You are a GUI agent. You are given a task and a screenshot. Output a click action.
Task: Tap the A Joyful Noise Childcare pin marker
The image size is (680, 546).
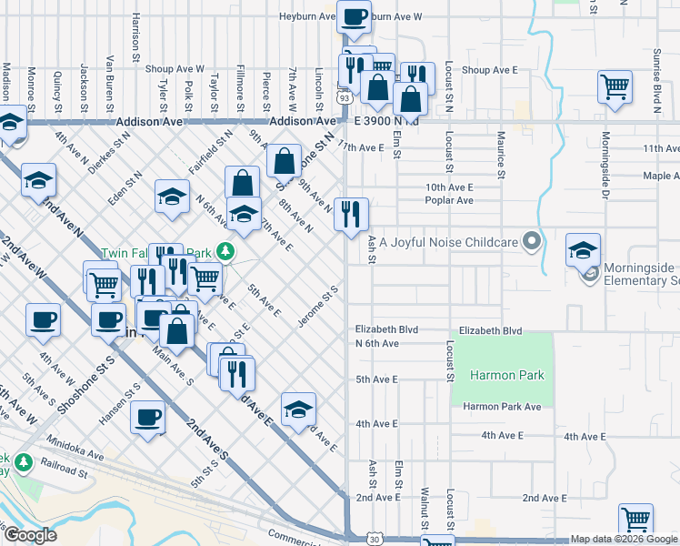click(533, 242)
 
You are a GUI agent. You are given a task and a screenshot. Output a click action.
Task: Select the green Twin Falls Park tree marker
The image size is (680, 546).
click(231, 252)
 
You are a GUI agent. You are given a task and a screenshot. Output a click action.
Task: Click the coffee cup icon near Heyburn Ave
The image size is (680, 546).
click(354, 15)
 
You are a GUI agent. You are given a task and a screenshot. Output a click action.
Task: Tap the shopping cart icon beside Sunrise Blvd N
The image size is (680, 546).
click(615, 87)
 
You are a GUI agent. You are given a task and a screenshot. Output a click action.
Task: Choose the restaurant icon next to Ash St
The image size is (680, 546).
click(351, 215)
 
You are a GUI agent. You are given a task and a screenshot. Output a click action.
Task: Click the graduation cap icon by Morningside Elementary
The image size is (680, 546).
click(583, 249)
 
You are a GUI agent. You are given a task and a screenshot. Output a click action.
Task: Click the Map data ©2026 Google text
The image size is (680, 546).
click(624, 540)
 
